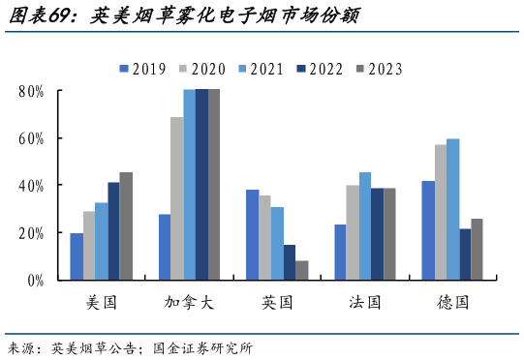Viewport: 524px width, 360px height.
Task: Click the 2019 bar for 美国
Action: [77, 256]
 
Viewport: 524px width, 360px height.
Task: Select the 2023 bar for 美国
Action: [126, 226]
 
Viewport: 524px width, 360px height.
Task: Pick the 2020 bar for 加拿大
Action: [177, 198]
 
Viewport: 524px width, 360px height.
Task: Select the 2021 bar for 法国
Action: [365, 226]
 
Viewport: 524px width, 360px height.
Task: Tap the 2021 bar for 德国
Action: [452, 209]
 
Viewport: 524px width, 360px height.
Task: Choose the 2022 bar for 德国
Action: [465, 254]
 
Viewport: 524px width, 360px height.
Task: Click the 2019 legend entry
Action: [142, 69]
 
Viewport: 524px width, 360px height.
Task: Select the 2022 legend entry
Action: [320, 69]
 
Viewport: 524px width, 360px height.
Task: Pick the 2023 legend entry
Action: [379, 69]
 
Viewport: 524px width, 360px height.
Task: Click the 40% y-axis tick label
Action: [30, 186]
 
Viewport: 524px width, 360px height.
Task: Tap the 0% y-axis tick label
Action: [34, 281]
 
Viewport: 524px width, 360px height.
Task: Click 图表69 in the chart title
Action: [36, 16]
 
